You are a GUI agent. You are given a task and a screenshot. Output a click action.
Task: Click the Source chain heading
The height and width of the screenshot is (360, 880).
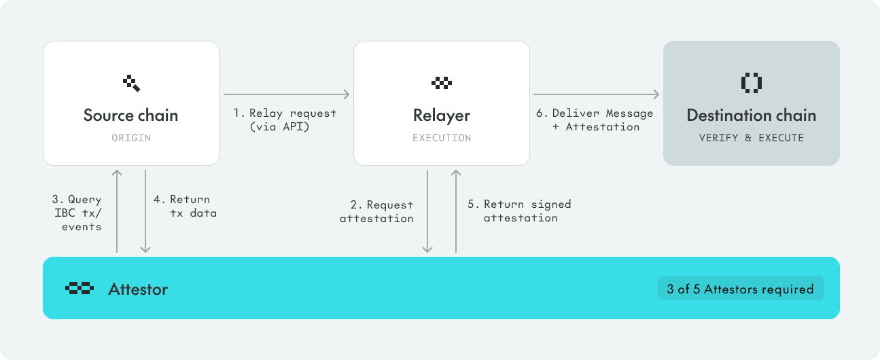click(x=130, y=115)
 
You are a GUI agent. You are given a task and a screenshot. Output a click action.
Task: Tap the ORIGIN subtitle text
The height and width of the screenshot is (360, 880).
click(x=130, y=138)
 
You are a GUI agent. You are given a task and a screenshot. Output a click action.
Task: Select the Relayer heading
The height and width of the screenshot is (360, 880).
click(x=442, y=115)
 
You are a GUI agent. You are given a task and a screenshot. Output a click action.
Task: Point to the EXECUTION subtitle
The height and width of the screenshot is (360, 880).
click(x=442, y=138)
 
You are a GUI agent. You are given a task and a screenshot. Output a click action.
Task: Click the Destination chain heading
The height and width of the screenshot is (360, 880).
click(x=751, y=115)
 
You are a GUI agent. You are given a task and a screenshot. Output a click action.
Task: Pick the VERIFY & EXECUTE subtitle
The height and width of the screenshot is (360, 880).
click(x=751, y=138)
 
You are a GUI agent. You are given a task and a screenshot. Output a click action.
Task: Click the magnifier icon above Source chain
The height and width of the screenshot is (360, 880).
click(x=131, y=84)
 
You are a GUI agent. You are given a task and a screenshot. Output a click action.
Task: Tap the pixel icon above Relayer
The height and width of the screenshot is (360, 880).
click(x=442, y=83)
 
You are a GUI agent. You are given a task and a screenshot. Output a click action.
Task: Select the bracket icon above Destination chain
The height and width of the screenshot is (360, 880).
click(x=751, y=83)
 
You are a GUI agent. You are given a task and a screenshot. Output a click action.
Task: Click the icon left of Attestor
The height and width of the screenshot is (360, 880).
click(x=79, y=289)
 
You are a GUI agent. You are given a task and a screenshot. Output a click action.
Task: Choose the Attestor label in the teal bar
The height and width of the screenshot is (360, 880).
click(x=138, y=289)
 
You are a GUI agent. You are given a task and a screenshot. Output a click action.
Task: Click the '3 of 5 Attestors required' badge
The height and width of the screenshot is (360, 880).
click(x=740, y=289)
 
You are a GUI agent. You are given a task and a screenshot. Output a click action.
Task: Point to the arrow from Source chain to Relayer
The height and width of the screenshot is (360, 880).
click(x=286, y=94)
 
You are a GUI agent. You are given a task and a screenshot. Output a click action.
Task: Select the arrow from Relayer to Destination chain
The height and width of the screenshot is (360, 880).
click(x=597, y=94)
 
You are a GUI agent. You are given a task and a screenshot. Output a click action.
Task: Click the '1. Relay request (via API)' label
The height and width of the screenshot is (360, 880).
click(x=286, y=120)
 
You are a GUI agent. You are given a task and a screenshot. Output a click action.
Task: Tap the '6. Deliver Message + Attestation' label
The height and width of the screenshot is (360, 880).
click(x=597, y=120)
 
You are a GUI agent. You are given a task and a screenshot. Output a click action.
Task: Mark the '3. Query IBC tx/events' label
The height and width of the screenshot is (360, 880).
click(x=77, y=213)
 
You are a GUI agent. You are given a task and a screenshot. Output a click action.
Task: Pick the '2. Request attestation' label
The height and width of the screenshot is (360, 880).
click(x=376, y=211)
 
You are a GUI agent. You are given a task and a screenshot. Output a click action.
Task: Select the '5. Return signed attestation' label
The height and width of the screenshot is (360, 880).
click(x=520, y=211)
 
